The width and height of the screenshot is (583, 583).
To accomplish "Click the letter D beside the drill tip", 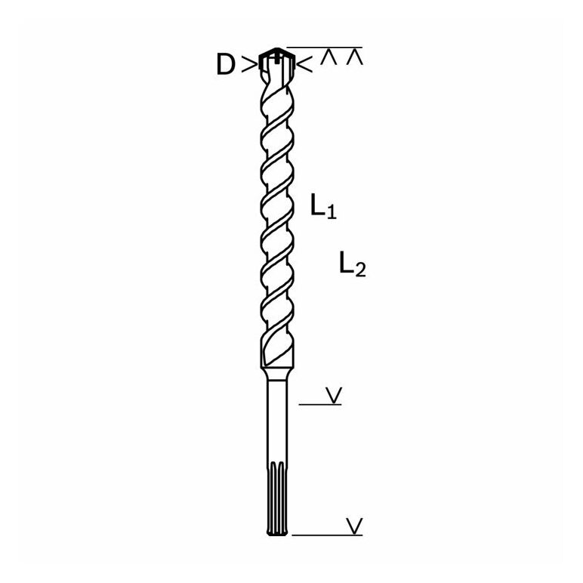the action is tap(226, 65).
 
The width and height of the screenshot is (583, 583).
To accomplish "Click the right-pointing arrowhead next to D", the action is tap(248, 64).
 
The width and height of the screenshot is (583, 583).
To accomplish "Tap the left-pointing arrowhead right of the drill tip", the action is tap(305, 64).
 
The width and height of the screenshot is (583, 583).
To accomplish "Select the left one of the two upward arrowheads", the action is tap(329, 58).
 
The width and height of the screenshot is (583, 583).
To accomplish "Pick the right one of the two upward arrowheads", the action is tap(354, 58).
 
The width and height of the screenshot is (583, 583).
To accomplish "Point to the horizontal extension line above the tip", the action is tap(324, 48).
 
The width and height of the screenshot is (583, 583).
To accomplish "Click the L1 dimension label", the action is tap(323, 205).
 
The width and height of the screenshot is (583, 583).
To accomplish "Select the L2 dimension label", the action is tap(353, 264).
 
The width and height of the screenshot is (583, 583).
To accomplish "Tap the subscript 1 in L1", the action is tap(332, 212).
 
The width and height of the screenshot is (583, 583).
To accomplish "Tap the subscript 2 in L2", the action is tap(361, 270).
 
